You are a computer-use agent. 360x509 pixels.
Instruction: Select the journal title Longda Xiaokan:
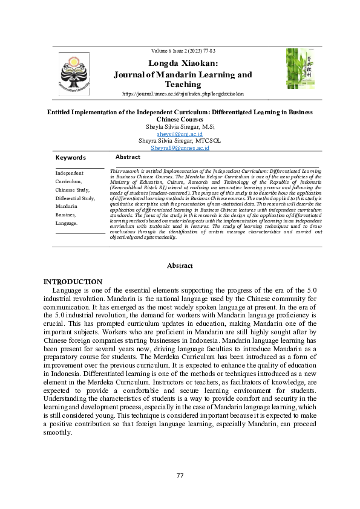click(183, 63)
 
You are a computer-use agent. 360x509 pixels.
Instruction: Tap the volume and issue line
click(183, 51)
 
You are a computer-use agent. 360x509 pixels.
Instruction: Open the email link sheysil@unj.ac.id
click(180, 134)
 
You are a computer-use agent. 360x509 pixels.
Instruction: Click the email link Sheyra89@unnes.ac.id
click(180, 148)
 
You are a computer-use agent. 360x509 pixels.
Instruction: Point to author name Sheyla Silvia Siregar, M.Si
click(180, 126)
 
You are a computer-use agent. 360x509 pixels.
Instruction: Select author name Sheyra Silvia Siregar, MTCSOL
click(180, 140)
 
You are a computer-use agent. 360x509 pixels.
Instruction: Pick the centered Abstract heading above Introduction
click(180, 266)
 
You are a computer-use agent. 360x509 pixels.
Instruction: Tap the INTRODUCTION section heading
click(73, 282)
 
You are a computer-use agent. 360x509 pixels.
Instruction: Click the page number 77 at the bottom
click(180, 476)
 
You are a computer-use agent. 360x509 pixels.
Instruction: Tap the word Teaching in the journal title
click(183, 85)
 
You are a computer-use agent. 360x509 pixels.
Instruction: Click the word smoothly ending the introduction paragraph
click(57, 433)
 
